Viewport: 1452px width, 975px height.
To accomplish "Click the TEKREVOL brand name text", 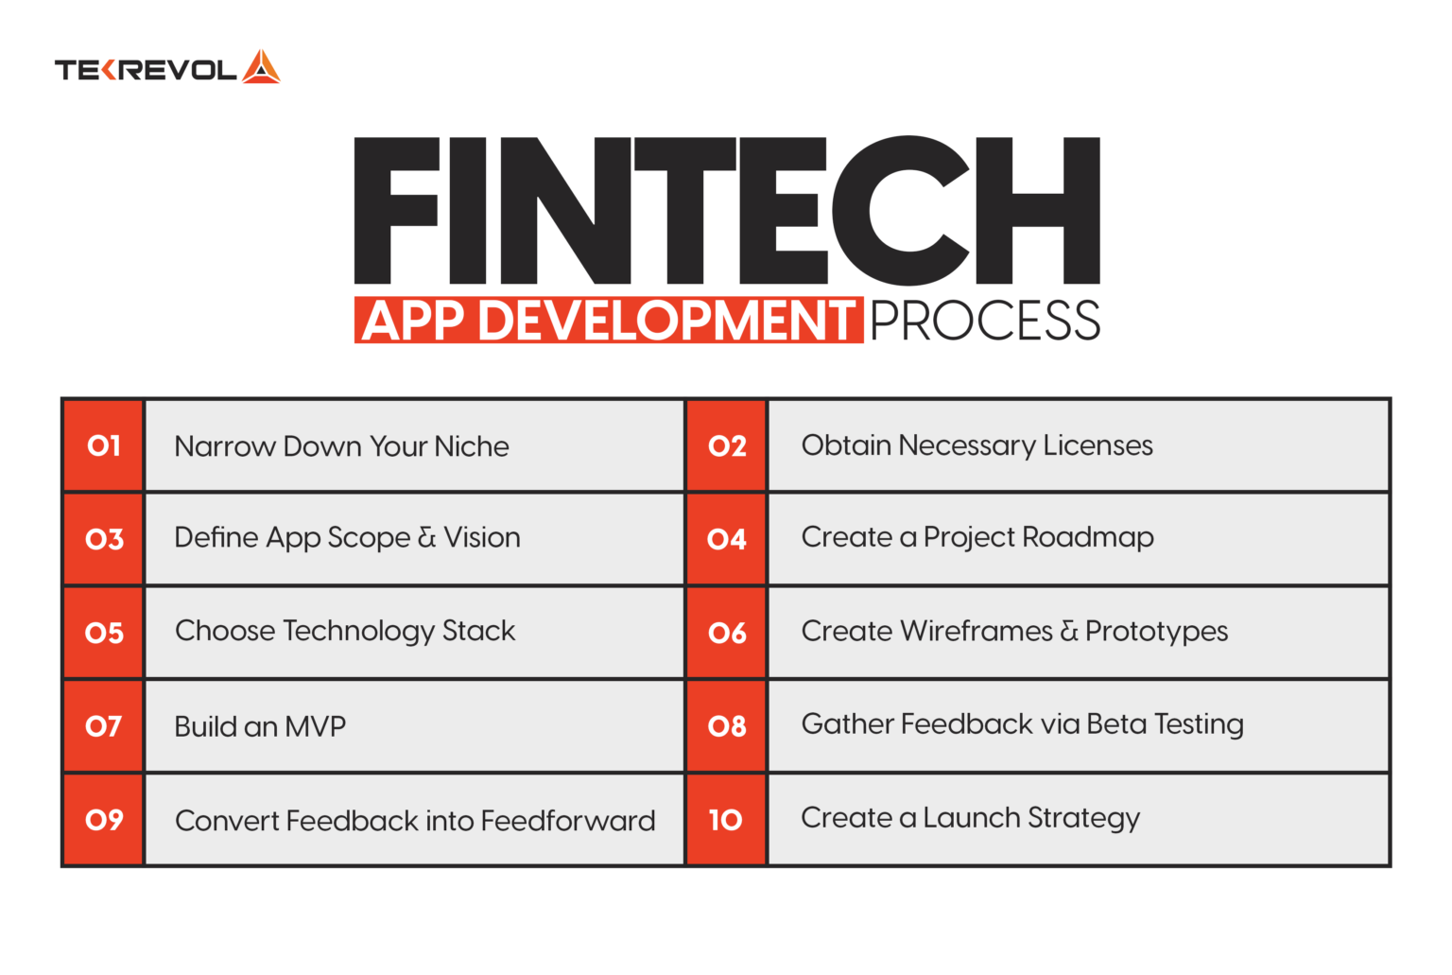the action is coord(146,70).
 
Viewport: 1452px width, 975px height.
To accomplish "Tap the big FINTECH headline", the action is coord(727,211).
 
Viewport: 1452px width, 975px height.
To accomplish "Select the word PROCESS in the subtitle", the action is coord(985,321).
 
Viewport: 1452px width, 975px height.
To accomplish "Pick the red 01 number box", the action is coord(103,445).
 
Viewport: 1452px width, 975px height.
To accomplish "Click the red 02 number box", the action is coord(727,445).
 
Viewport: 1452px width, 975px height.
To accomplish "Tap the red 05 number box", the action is coord(103,633).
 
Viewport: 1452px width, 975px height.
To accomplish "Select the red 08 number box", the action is coord(727,726).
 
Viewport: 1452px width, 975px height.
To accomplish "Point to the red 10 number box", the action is coord(727,819).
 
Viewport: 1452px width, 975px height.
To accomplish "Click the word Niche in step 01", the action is coord(472,446).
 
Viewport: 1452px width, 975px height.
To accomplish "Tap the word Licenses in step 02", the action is coord(1098,445).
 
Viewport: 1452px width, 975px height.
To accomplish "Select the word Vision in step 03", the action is coord(481,537).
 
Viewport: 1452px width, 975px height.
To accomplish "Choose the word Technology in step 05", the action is coord(358,631).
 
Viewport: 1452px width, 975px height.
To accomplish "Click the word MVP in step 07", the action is coord(315,726).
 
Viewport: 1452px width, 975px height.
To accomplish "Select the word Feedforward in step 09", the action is coord(568,821).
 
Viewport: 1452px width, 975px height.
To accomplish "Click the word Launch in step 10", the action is coord(972,817).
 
